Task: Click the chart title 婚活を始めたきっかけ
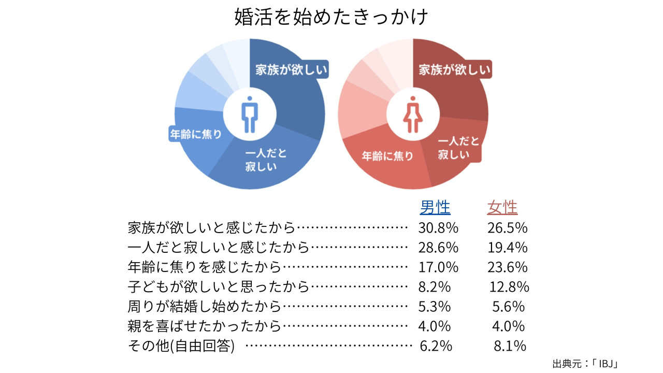point(331,18)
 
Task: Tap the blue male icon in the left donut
point(250,114)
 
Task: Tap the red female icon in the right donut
point(413,114)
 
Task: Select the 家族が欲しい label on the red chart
point(455,70)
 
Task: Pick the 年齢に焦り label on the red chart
point(387,155)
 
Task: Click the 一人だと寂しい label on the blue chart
point(265,160)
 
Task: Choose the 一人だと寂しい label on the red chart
point(458,148)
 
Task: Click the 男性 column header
point(435,208)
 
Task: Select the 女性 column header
point(502,208)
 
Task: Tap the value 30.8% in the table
point(438,227)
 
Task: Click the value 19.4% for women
point(507,247)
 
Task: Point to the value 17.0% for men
point(438,267)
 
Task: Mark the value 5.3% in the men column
point(434,306)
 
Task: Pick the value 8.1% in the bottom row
point(510,346)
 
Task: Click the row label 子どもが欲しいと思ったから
point(218,286)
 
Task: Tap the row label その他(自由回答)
point(181,346)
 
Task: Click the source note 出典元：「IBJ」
point(586,363)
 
